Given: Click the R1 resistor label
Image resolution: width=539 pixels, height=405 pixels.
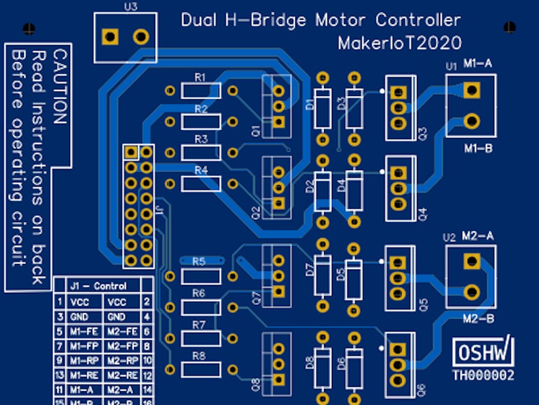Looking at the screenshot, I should (200, 77).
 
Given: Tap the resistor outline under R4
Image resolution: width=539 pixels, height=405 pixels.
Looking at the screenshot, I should (201, 184).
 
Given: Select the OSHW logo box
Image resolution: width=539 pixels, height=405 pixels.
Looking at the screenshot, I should (483, 353).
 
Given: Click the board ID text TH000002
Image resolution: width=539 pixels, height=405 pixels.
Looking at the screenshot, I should (483, 376).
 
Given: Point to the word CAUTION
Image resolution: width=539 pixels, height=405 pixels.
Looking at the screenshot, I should (59, 86).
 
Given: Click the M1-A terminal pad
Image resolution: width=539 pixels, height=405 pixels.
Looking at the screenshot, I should (472, 90).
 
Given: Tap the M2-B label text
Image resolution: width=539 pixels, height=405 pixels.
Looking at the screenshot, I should (479, 319).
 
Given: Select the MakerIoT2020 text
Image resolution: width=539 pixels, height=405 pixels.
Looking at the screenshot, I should (399, 43).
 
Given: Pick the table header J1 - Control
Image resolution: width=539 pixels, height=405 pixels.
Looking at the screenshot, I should (98, 286).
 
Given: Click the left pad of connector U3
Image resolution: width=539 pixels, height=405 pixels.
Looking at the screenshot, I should (110, 37).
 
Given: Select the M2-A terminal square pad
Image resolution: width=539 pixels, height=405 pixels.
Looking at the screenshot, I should (472, 261).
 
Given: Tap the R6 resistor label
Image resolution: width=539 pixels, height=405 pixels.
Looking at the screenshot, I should (199, 293).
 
